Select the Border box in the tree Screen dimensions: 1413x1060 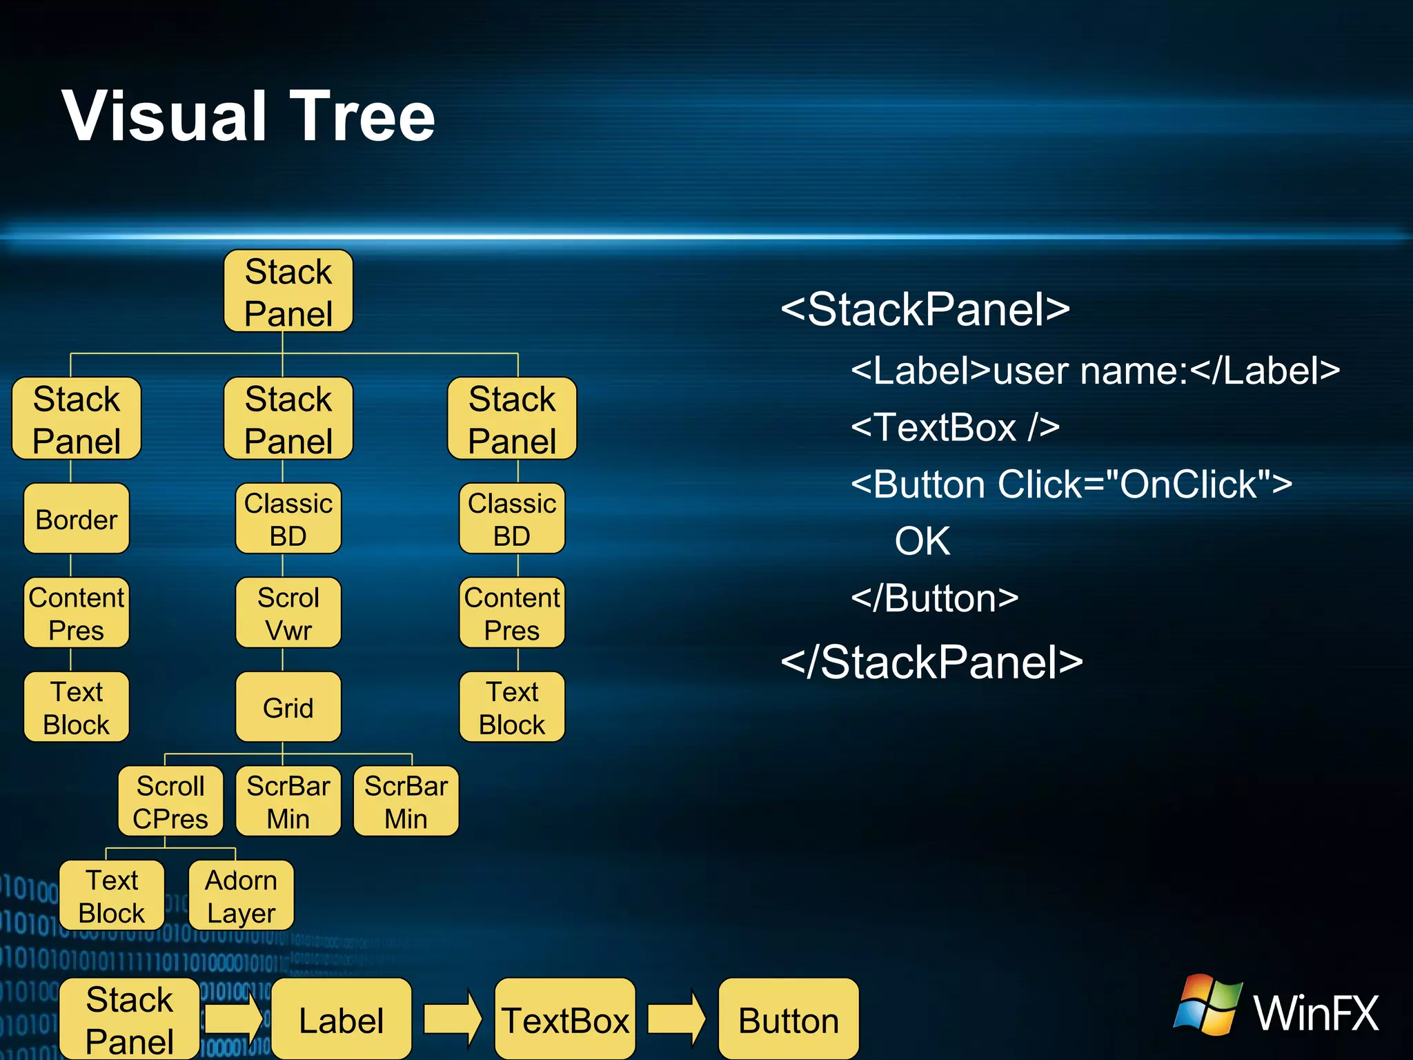point(77,519)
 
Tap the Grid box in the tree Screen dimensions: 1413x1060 point(288,707)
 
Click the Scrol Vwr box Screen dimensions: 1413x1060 point(288,614)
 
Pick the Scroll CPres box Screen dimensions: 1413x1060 point(170,802)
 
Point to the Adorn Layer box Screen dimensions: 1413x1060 point(241,896)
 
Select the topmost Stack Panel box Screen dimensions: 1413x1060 point(288,292)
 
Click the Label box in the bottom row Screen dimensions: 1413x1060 point(342,1020)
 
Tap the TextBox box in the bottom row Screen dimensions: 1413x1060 point(565,1020)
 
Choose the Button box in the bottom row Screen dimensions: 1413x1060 point(789,1020)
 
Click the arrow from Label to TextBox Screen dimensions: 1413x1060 point(453,1019)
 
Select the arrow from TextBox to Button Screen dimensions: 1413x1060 point(676,1019)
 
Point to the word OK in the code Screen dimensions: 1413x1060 point(922,541)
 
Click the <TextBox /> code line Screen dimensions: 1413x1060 point(955,427)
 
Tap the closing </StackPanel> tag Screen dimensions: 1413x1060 point(931,662)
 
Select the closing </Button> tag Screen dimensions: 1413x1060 point(935,598)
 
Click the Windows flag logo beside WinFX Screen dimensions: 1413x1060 point(1208,1005)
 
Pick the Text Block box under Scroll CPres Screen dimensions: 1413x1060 point(112,896)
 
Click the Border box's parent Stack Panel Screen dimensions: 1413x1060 point(77,419)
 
